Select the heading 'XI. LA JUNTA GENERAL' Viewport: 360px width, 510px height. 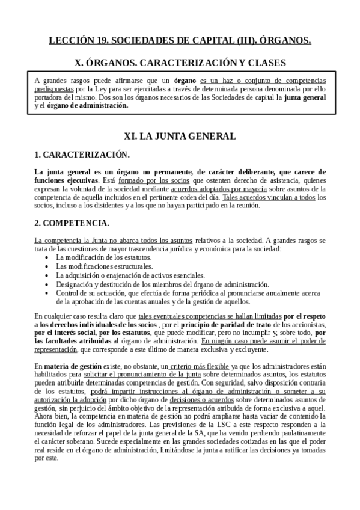tap(180, 137)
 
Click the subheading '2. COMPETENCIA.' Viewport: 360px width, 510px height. tap(72, 223)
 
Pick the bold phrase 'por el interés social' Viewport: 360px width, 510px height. tap(72, 332)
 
